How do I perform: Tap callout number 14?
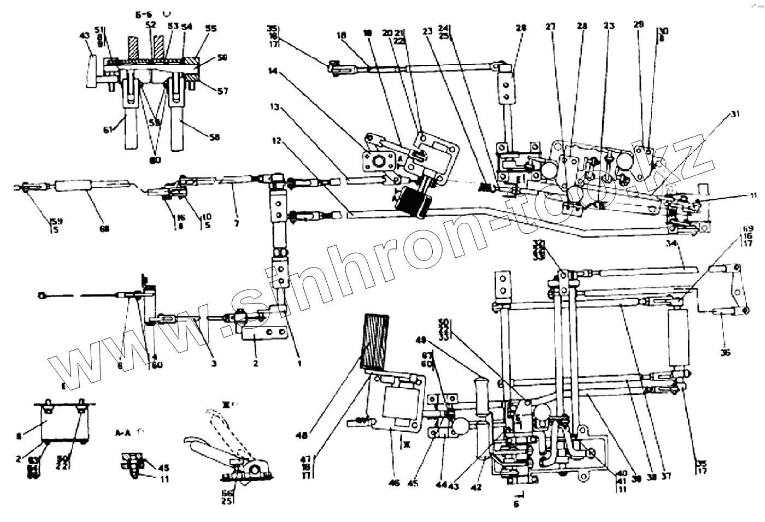[x=273, y=70]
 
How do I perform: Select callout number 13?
[x=274, y=107]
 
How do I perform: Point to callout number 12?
[x=276, y=141]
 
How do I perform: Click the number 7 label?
[x=236, y=223]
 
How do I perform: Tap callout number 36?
[x=725, y=352]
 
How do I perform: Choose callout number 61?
[x=107, y=129]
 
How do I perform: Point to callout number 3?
[x=214, y=363]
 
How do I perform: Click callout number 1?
[x=299, y=363]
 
